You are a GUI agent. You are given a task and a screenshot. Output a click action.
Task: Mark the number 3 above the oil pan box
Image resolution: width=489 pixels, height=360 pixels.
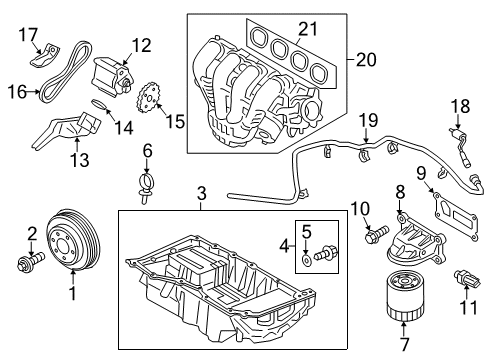(x=201, y=191)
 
